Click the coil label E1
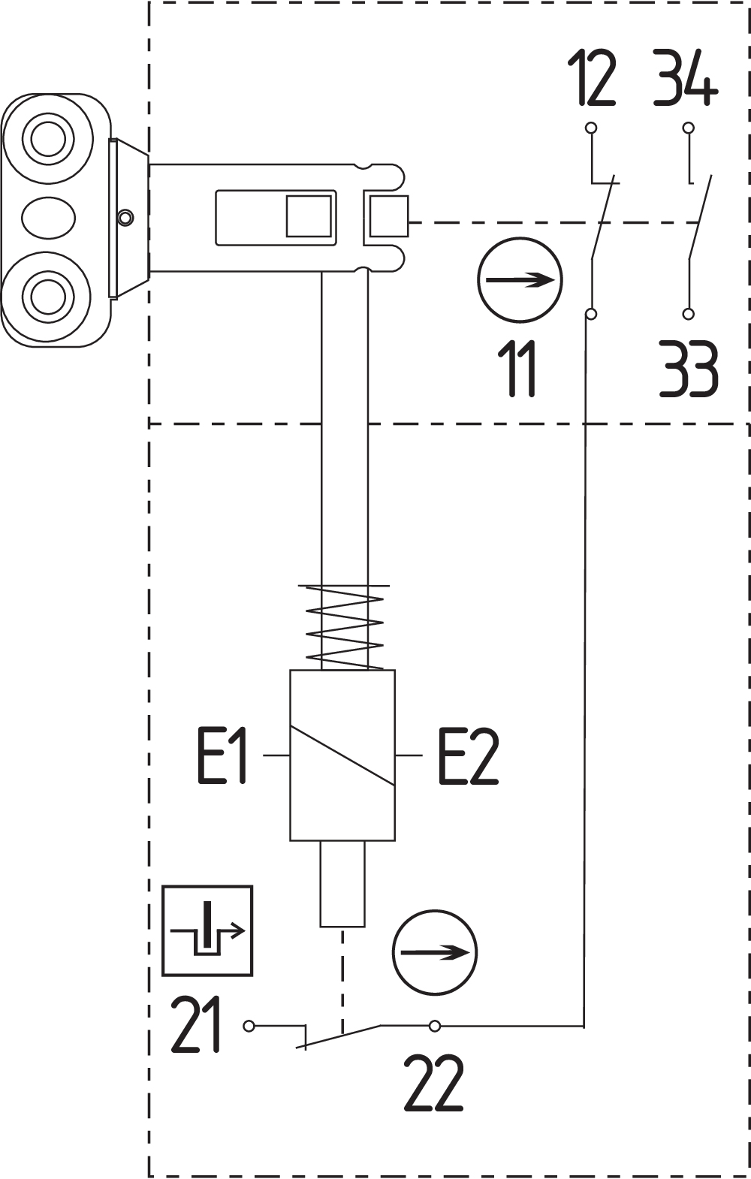(x=222, y=756)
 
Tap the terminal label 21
(x=197, y=1025)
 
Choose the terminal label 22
(x=434, y=1084)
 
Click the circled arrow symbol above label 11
(x=520, y=280)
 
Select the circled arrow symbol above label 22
(x=435, y=952)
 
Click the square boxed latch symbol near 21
(x=207, y=930)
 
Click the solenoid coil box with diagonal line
(x=342, y=755)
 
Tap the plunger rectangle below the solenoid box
(x=342, y=884)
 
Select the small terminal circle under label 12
(x=591, y=128)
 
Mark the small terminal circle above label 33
(x=688, y=314)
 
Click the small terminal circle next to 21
(x=249, y=1026)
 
